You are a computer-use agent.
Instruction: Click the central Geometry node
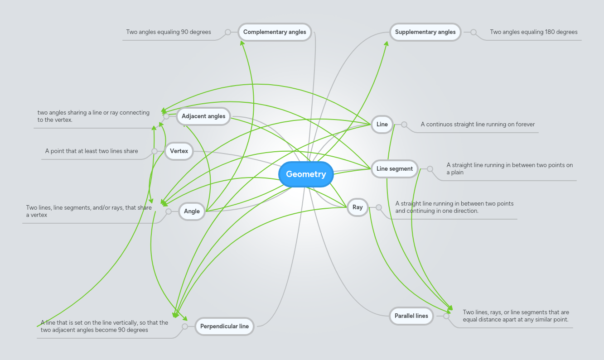pyautogui.click(x=306, y=174)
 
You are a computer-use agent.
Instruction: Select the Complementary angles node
pyautogui.click(x=275, y=32)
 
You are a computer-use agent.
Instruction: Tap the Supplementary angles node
pyautogui.click(x=425, y=32)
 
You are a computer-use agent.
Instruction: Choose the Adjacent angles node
pyautogui.click(x=203, y=116)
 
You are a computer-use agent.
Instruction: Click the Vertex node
pyautogui.click(x=179, y=151)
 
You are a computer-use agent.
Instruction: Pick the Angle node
pyautogui.click(x=192, y=211)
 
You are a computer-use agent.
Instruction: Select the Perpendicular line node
pyautogui.click(x=224, y=326)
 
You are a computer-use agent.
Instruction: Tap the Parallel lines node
pyautogui.click(x=411, y=316)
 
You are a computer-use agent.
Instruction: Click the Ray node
pyautogui.click(x=358, y=207)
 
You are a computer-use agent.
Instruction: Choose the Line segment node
pyautogui.click(x=394, y=169)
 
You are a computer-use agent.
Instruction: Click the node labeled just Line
pyautogui.click(x=382, y=125)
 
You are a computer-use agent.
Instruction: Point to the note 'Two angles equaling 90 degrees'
pyautogui.click(x=169, y=32)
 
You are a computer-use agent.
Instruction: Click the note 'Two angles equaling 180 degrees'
pyautogui.click(x=533, y=32)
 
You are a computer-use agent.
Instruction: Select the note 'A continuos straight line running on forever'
pyautogui.click(x=478, y=125)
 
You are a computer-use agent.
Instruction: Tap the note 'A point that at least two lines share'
pyautogui.click(x=92, y=151)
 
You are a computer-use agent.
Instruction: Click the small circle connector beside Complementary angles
pyautogui.click(x=228, y=32)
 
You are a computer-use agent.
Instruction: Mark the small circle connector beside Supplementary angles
pyautogui.click(x=474, y=32)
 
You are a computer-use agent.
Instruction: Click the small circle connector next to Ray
pyautogui.click(x=379, y=207)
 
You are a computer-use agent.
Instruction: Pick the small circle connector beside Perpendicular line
pyautogui.click(x=185, y=326)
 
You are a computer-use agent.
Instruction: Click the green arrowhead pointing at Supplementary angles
pyautogui.click(x=387, y=43)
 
